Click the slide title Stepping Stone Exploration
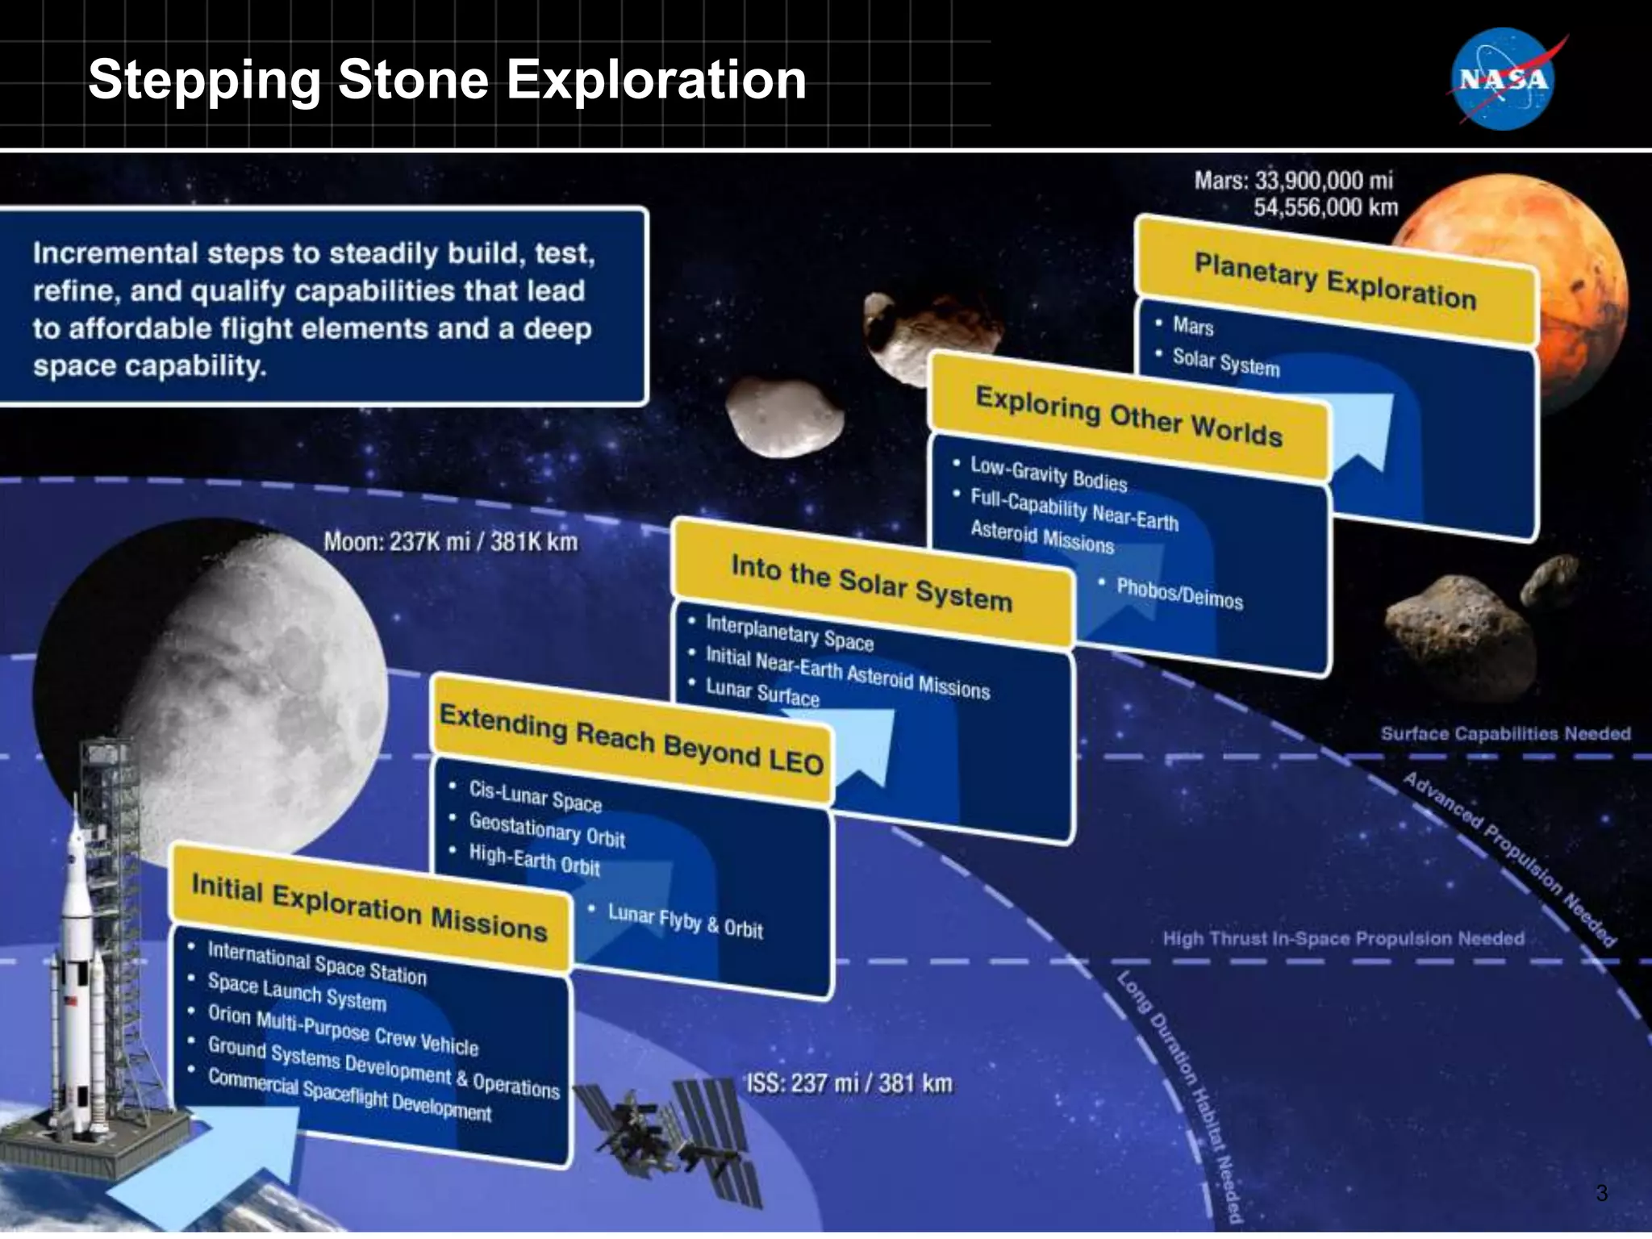pos(447,80)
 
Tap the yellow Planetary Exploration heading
pos(1335,281)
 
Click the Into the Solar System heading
pos(871,583)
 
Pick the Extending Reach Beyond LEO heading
pos(631,739)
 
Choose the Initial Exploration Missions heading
pos(369,907)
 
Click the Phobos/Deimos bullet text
pos(1179,594)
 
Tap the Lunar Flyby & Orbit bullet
pos(685,921)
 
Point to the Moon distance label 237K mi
pos(450,541)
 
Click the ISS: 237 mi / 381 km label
pos(849,1083)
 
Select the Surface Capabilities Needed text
pos(1505,733)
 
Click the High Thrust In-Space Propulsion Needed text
pos(1343,938)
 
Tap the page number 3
pos(1602,1193)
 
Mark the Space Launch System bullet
pos(297,992)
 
